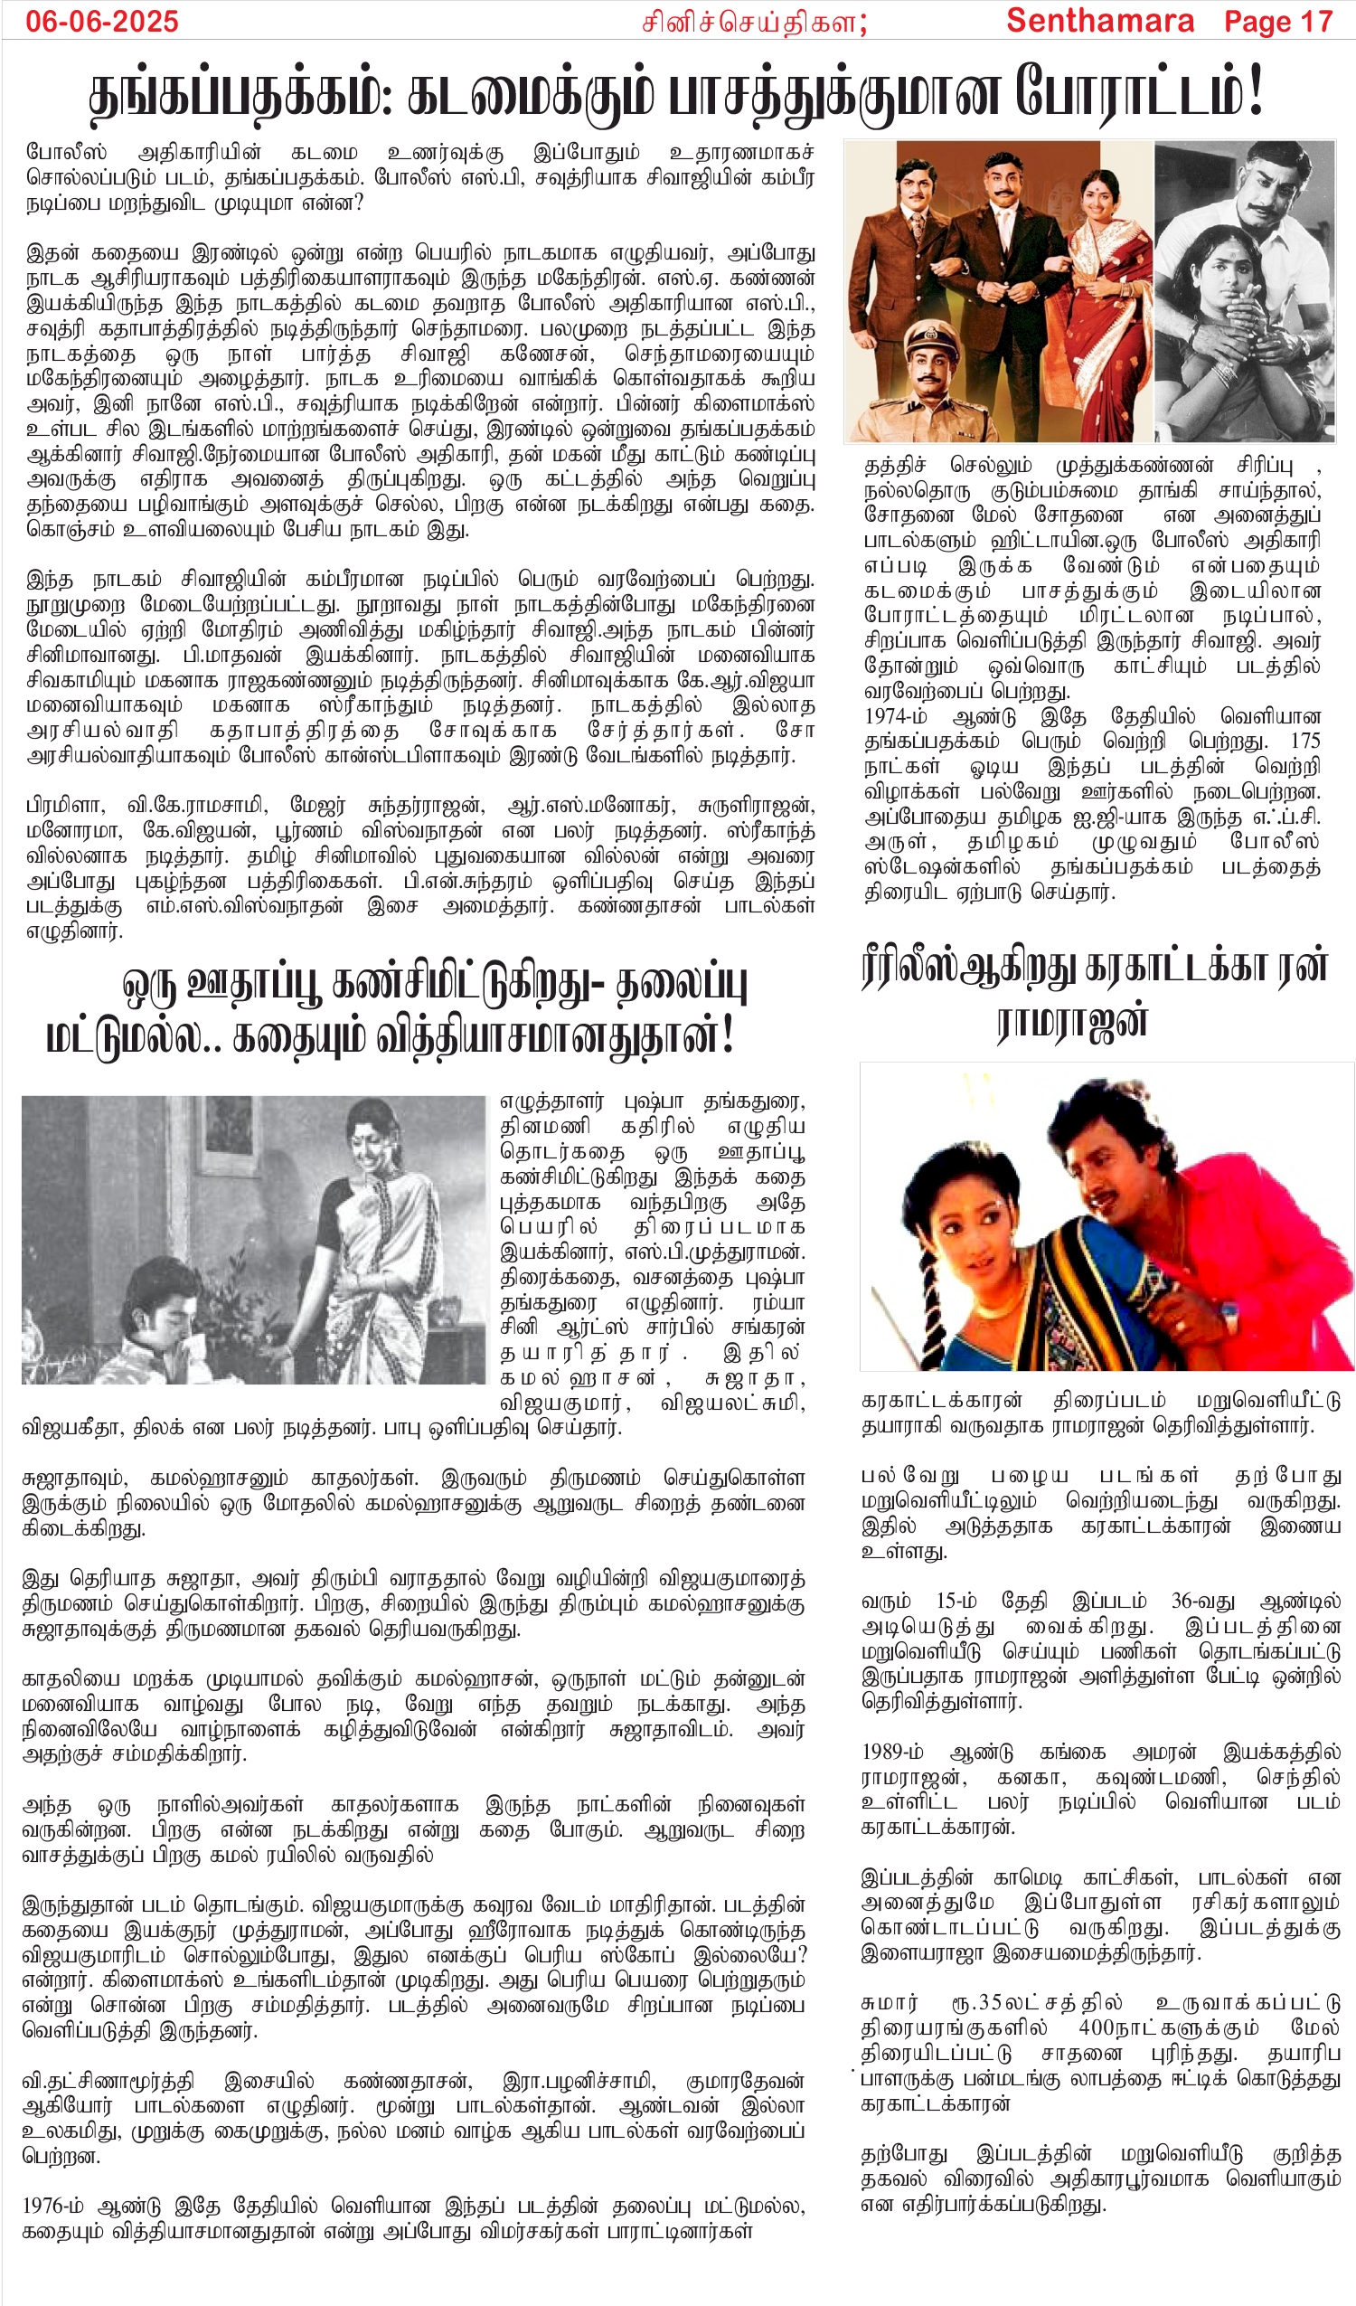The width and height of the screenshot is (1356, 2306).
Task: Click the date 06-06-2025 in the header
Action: (x=101, y=21)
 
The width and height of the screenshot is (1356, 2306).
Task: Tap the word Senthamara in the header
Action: (x=1100, y=20)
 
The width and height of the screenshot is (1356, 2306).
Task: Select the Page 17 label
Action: (x=1278, y=21)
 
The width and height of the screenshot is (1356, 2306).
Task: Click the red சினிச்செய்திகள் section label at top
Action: (x=753, y=22)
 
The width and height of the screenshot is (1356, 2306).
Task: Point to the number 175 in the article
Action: (x=1304, y=741)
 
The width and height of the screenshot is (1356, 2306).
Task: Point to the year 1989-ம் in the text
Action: (x=892, y=1752)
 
